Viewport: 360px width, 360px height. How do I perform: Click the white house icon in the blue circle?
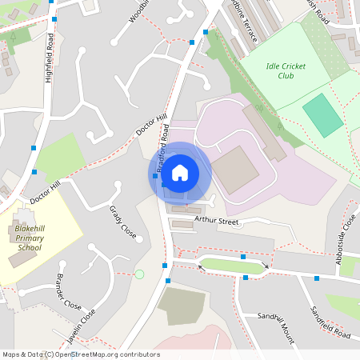(x=180, y=172)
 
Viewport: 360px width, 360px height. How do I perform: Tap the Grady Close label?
(x=122, y=222)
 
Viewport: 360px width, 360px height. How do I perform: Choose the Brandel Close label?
(x=69, y=293)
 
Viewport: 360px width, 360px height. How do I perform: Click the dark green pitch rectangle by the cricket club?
(x=322, y=114)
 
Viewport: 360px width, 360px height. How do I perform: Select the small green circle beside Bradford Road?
(x=139, y=274)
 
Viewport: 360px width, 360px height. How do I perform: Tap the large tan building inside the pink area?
(x=235, y=169)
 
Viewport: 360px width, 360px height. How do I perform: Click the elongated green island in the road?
(x=234, y=263)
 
